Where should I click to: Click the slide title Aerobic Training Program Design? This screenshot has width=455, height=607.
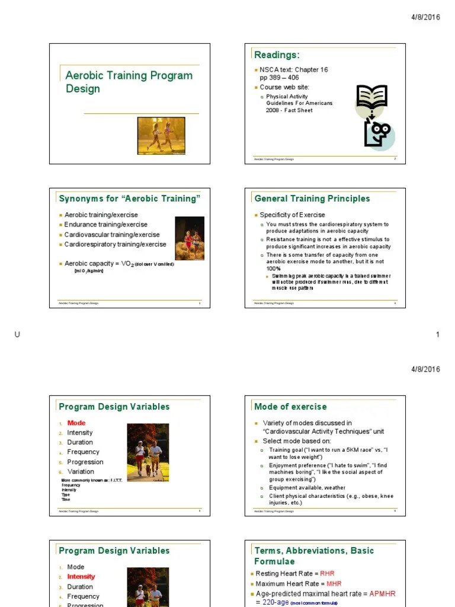tap(129, 82)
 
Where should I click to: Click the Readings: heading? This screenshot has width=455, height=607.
tap(277, 55)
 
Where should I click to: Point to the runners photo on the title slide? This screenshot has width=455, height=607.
tap(161, 136)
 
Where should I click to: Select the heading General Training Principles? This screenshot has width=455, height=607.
tap(312, 199)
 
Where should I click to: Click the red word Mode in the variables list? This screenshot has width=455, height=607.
tap(76, 423)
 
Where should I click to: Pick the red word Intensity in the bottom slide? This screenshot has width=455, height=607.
tap(81, 576)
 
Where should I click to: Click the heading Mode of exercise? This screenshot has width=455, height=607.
tap(290, 407)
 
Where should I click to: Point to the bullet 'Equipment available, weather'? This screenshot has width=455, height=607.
tap(307, 488)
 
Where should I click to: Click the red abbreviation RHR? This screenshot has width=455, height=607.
tap(328, 574)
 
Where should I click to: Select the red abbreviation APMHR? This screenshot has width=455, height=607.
tap(382, 593)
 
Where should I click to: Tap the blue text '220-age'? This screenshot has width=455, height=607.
tap(276, 602)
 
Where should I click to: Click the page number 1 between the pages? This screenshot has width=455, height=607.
tap(438, 335)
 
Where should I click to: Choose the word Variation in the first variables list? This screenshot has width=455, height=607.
tap(81, 471)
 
